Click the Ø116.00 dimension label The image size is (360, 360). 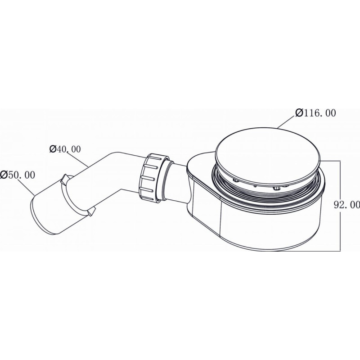[x=316, y=113]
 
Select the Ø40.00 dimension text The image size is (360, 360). [x=65, y=149]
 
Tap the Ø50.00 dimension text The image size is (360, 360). [x=18, y=175]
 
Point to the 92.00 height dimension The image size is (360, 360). [x=347, y=205]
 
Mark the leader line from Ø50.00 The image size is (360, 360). [x=26, y=188]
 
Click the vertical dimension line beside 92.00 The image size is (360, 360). [x=340, y=206]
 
